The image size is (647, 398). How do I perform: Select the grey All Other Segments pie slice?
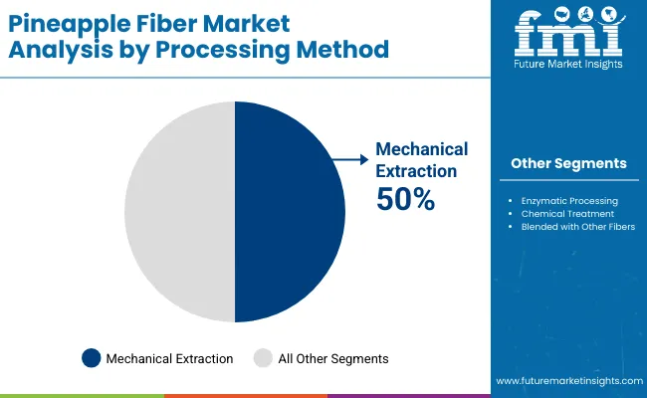179,212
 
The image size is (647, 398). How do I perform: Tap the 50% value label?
405,199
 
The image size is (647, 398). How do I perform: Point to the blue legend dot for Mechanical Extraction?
92,357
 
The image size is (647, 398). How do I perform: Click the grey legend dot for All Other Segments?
263,357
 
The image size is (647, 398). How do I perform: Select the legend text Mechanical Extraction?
169,358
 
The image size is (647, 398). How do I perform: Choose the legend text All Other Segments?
333,358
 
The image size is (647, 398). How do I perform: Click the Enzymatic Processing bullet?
569,200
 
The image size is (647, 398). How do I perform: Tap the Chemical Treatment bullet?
563,213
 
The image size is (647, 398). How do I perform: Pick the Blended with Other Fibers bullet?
577,226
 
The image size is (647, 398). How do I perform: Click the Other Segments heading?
568,163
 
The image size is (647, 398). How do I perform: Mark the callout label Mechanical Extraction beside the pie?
421,159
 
